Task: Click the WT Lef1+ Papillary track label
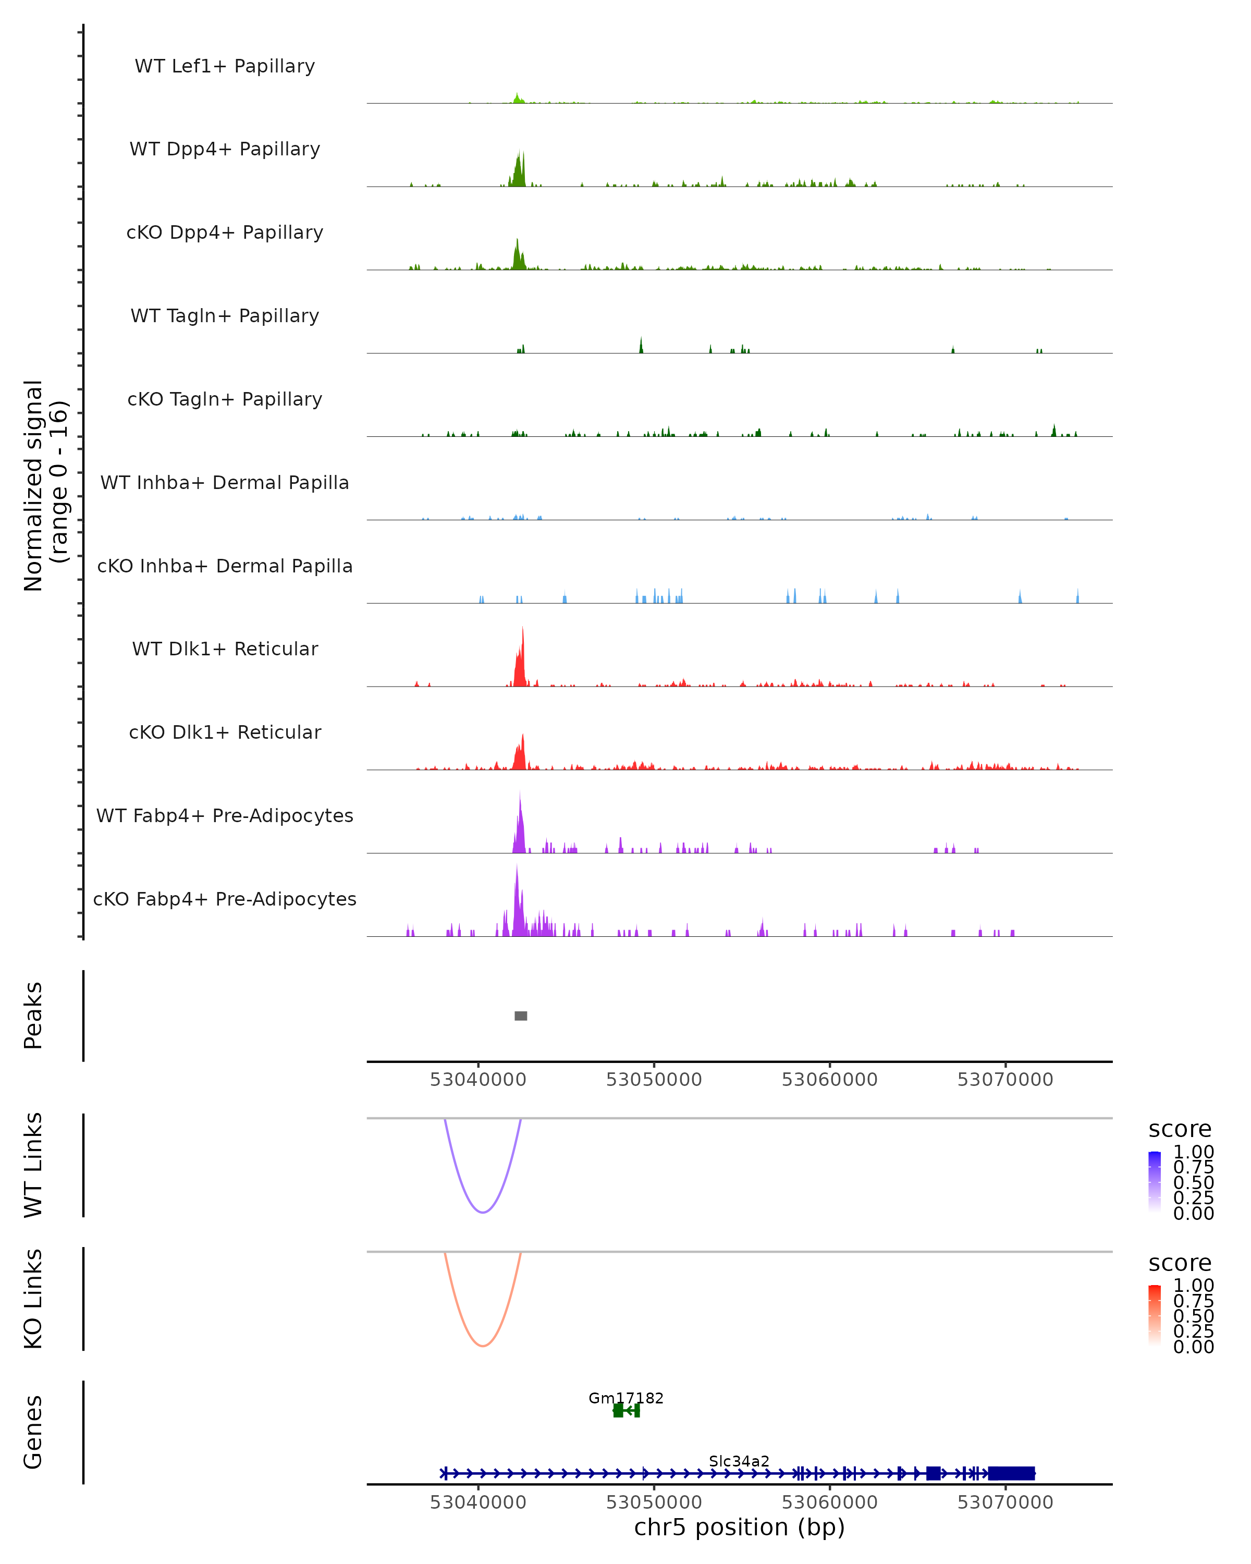click(225, 66)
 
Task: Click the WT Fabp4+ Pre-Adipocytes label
click(225, 815)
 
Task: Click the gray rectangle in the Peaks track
click(521, 1016)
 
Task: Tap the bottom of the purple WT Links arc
click(482, 1212)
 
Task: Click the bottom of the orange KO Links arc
click(482, 1346)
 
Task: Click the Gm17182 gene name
click(626, 1398)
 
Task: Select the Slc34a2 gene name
click(739, 1461)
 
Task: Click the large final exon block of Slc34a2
click(1011, 1473)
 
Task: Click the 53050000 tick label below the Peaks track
click(654, 1080)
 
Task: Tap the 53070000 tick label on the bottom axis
click(1005, 1502)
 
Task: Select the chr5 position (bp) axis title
click(739, 1528)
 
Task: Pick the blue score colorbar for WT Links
click(1155, 1182)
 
